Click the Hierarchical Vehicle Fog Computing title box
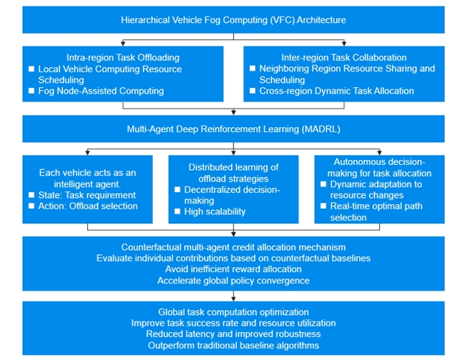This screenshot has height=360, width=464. pos(233,20)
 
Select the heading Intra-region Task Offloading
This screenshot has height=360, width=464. pos(123,58)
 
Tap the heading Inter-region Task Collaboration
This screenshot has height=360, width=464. pos(344,58)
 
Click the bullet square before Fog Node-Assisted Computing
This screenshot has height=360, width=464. pos(31,91)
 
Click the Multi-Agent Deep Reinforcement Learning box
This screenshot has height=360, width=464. pos(233,129)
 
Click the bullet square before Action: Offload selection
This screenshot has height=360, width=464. pos(31,206)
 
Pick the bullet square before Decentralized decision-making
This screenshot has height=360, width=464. pos(178,190)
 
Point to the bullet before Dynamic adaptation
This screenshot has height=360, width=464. pos(324,184)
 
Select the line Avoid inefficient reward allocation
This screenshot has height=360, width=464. pos(233,269)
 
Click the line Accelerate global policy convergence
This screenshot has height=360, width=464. pos(233,281)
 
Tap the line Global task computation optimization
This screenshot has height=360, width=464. pos(233,312)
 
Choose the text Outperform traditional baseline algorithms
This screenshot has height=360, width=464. pos(233,346)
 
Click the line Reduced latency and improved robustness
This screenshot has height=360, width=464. pos(233,334)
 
